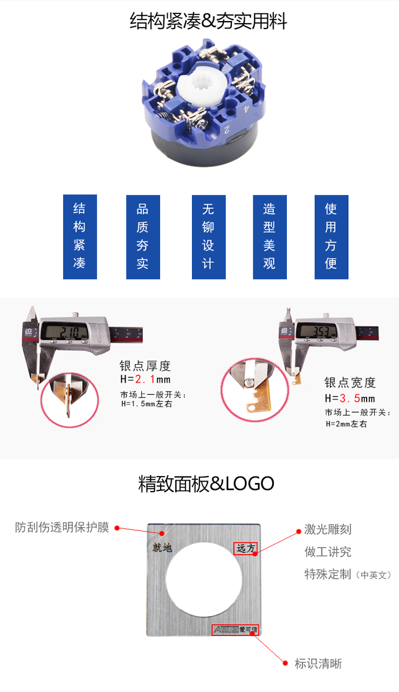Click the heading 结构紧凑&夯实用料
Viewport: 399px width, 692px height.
[208, 22]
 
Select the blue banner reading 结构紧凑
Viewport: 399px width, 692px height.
[80, 236]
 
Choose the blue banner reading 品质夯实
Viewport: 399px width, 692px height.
[143, 236]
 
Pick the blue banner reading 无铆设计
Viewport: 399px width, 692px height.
[209, 236]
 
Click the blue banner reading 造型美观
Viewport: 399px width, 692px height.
[270, 236]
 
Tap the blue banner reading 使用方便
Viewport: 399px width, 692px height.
[331, 236]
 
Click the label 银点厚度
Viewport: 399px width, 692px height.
[145, 366]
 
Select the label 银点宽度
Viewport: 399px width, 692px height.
[350, 383]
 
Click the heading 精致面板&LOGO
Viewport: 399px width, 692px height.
[206, 484]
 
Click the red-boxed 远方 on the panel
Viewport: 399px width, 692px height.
[246, 548]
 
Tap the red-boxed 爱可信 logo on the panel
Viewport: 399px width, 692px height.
[235, 630]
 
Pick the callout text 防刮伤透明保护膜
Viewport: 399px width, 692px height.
[62, 527]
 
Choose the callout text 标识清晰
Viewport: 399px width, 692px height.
[318, 663]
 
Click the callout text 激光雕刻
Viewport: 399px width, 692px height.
[328, 529]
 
